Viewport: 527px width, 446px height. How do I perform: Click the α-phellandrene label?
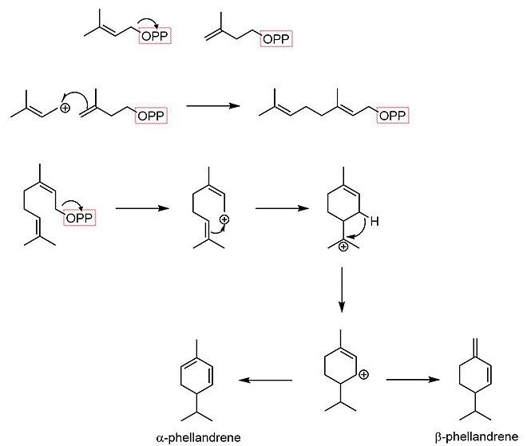pyautogui.click(x=198, y=437)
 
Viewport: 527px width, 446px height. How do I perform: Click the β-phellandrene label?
pyautogui.click(x=477, y=437)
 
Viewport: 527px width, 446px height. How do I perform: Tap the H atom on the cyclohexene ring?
pyautogui.click(x=374, y=221)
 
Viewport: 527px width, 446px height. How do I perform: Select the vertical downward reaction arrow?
pyautogui.click(x=342, y=290)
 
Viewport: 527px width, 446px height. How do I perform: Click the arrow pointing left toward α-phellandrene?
pyautogui.click(x=266, y=380)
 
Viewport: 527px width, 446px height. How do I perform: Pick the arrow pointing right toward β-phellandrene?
pyautogui.click(x=413, y=380)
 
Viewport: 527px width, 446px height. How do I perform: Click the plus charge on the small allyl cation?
pyautogui.click(x=65, y=109)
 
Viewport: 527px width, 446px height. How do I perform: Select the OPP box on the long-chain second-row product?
pyautogui.click(x=393, y=116)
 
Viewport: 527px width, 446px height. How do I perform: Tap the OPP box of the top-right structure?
pyautogui.click(x=276, y=39)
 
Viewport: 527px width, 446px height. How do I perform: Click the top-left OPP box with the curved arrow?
pyautogui.click(x=155, y=36)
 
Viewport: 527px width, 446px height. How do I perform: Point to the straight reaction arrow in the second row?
pyautogui.click(x=213, y=106)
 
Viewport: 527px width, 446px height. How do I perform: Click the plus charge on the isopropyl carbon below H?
pyautogui.click(x=343, y=247)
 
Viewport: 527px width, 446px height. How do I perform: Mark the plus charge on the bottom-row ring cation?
pyautogui.click(x=363, y=374)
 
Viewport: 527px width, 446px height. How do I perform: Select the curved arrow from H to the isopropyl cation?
pyautogui.click(x=359, y=230)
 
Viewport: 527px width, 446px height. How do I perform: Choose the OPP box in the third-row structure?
pyautogui.click(x=80, y=218)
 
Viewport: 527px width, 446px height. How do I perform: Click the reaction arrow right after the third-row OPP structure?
pyautogui.click(x=142, y=208)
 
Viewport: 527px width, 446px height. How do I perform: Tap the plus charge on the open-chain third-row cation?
pyautogui.click(x=224, y=220)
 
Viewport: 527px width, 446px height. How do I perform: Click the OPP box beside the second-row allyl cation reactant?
pyautogui.click(x=151, y=116)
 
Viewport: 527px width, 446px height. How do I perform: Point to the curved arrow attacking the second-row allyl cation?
pyautogui.click(x=77, y=98)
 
